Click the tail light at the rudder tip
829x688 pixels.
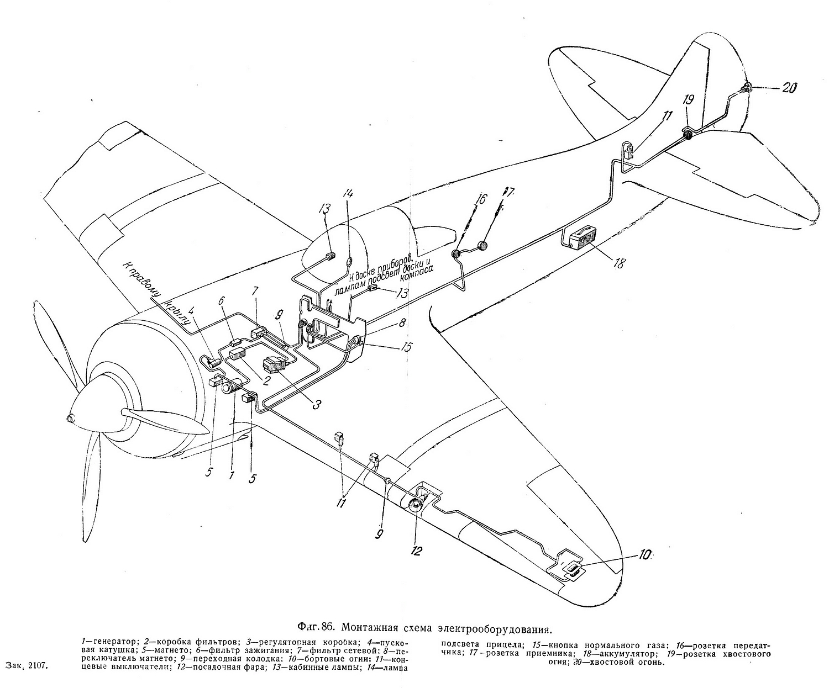746,87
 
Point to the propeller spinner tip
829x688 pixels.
70,419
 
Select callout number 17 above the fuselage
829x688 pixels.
507,193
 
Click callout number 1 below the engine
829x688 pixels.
232,474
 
